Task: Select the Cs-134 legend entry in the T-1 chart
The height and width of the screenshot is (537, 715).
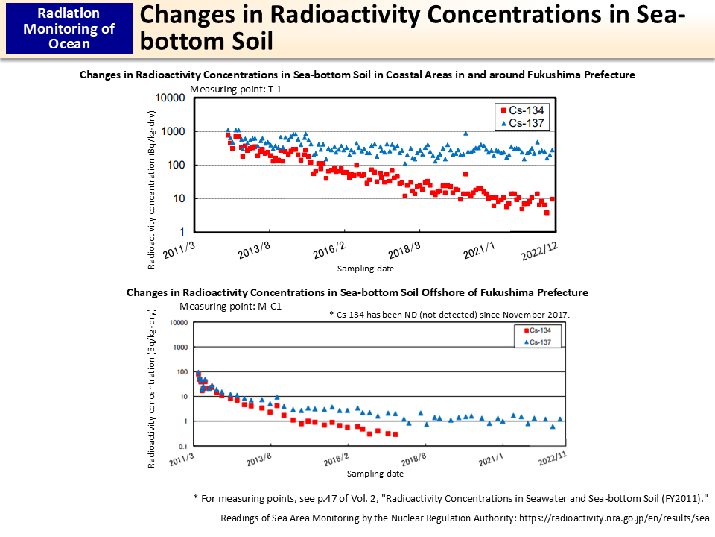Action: coord(522,110)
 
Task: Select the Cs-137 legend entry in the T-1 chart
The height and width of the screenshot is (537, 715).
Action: coord(522,122)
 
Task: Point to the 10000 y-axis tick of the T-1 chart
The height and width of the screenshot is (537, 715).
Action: coord(169,98)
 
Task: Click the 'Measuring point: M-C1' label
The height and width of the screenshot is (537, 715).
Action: coord(229,306)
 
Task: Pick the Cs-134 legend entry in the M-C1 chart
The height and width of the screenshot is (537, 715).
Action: coord(537,330)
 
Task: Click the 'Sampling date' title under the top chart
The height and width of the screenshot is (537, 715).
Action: coord(365,268)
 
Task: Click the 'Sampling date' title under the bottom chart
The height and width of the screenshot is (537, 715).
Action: coord(375,474)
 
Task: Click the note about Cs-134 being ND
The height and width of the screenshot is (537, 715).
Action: coord(449,315)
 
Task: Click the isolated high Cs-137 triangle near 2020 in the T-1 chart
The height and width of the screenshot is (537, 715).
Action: coord(465,134)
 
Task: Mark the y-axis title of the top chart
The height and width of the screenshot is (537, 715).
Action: coord(152,190)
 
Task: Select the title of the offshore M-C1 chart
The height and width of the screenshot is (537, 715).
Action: coord(357,292)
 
